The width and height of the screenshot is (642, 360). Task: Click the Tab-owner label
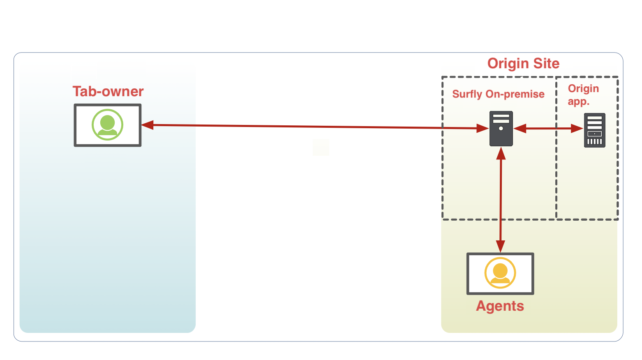coord(108,91)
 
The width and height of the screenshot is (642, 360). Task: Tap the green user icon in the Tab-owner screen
coord(107,125)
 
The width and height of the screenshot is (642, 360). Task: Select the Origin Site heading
coord(523,63)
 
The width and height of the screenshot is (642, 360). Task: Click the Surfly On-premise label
coord(498,94)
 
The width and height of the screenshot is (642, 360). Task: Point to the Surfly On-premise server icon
coord(501,128)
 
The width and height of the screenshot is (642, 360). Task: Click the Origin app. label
coord(583,95)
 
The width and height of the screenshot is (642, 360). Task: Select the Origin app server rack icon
coord(595,130)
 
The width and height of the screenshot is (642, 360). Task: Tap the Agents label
coord(500,306)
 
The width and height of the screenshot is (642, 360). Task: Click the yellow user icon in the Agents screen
coord(500,273)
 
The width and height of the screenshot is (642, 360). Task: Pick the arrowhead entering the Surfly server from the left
coord(483,128)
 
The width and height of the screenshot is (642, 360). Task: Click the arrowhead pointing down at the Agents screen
coord(500,246)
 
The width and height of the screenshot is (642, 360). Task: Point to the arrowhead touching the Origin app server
coord(577,129)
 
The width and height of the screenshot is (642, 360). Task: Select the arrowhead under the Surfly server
coord(501,154)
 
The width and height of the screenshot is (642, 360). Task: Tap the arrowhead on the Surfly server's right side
coord(520,129)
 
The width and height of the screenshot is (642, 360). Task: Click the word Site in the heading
coord(545,63)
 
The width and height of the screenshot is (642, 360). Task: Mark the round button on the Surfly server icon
coord(501,129)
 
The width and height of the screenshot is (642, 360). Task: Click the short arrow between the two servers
coord(548,129)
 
